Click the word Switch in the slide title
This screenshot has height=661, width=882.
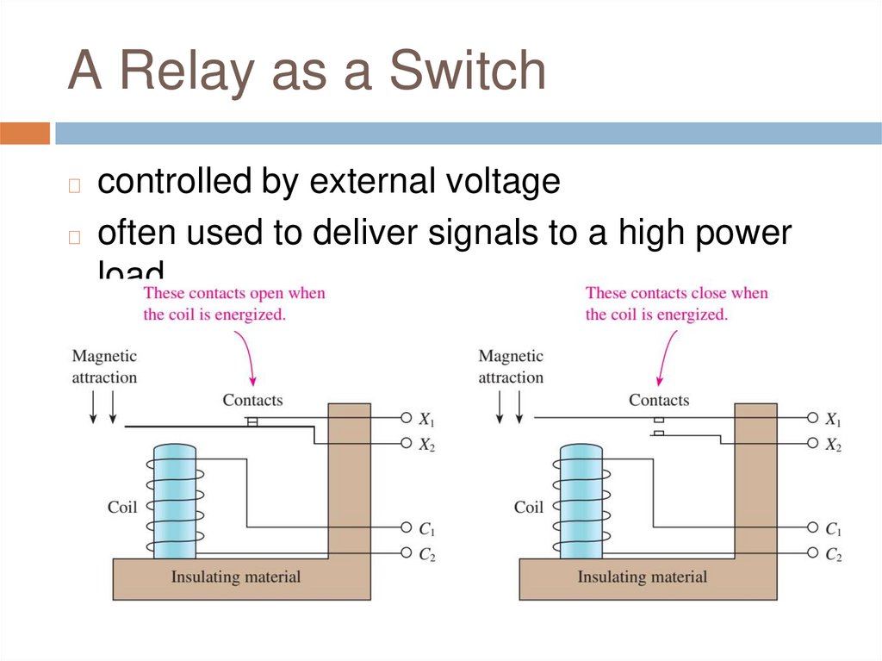click(x=468, y=72)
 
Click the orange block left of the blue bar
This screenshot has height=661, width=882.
click(x=25, y=134)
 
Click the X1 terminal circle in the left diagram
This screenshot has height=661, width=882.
click(x=406, y=418)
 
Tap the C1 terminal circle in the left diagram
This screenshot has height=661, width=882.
click(x=406, y=527)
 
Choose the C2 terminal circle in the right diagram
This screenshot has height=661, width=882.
click(x=812, y=552)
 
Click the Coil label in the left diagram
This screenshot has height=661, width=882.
click(x=122, y=507)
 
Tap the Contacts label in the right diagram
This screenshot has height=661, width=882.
click(x=659, y=400)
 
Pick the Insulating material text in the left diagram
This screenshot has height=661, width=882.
click(x=235, y=577)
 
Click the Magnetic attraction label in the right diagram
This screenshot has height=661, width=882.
click(x=511, y=366)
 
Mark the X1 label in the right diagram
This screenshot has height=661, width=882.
click(x=833, y=420)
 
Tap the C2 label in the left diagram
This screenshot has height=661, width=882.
click(x=426, y=555)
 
